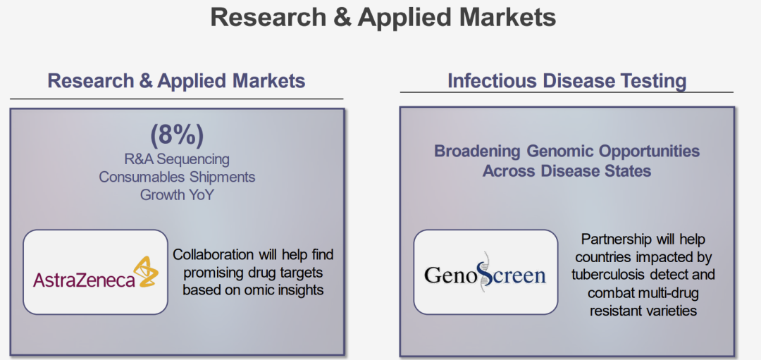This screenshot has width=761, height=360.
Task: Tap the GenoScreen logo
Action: (x=485, y=273)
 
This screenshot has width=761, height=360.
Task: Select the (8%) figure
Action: (x=177, y=135)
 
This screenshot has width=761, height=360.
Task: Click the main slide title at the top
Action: (x=383, y=18)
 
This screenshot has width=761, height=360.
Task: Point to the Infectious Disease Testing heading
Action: (x=567, y=81)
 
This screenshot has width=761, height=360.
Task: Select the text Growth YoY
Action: (x=177, y=195)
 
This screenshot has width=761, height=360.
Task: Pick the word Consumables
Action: (x=139, y=177)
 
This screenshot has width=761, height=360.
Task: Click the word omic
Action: (x=256, y=290)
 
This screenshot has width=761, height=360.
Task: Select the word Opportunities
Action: (x=649, y=151)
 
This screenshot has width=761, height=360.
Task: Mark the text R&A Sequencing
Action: (x=177, y=159)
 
